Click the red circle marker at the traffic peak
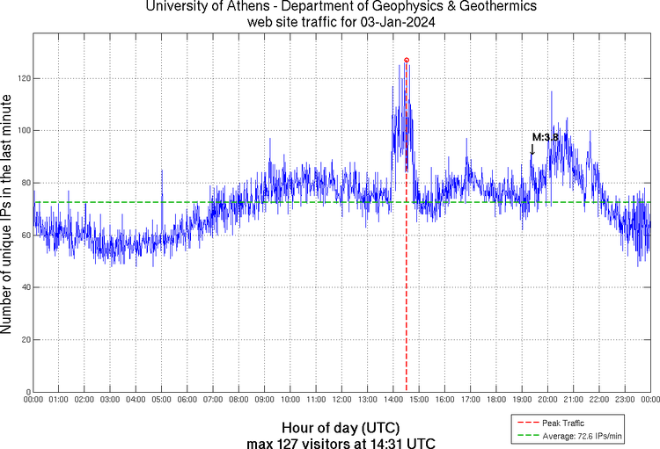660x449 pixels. pyautogui.click(x=407, y=60)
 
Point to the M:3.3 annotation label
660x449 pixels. pyautogui.click(x=546, y=137)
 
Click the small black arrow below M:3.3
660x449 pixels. pyautogui.click(x=532, y=150)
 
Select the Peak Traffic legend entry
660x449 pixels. pyautogui.click(x=562, y=424)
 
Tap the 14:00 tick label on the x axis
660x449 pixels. pyautogui.click(x=392, y=400)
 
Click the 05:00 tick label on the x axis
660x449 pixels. pyautogui.click(x=162, y=400)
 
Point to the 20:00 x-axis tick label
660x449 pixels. pyautogui.click(x=546, y=400)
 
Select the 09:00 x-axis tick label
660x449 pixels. pyautogui.click(x=264, y=400)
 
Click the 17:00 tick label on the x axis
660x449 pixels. pyautogui.click(x=470, y=400)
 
